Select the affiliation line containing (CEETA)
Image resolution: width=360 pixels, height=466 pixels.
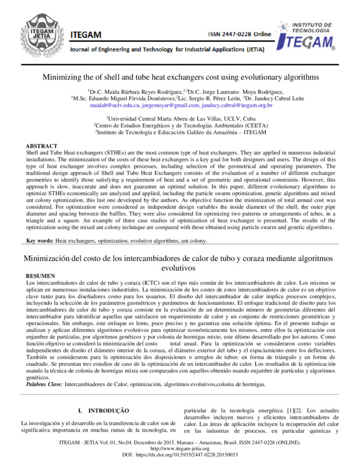pos(180,124)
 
